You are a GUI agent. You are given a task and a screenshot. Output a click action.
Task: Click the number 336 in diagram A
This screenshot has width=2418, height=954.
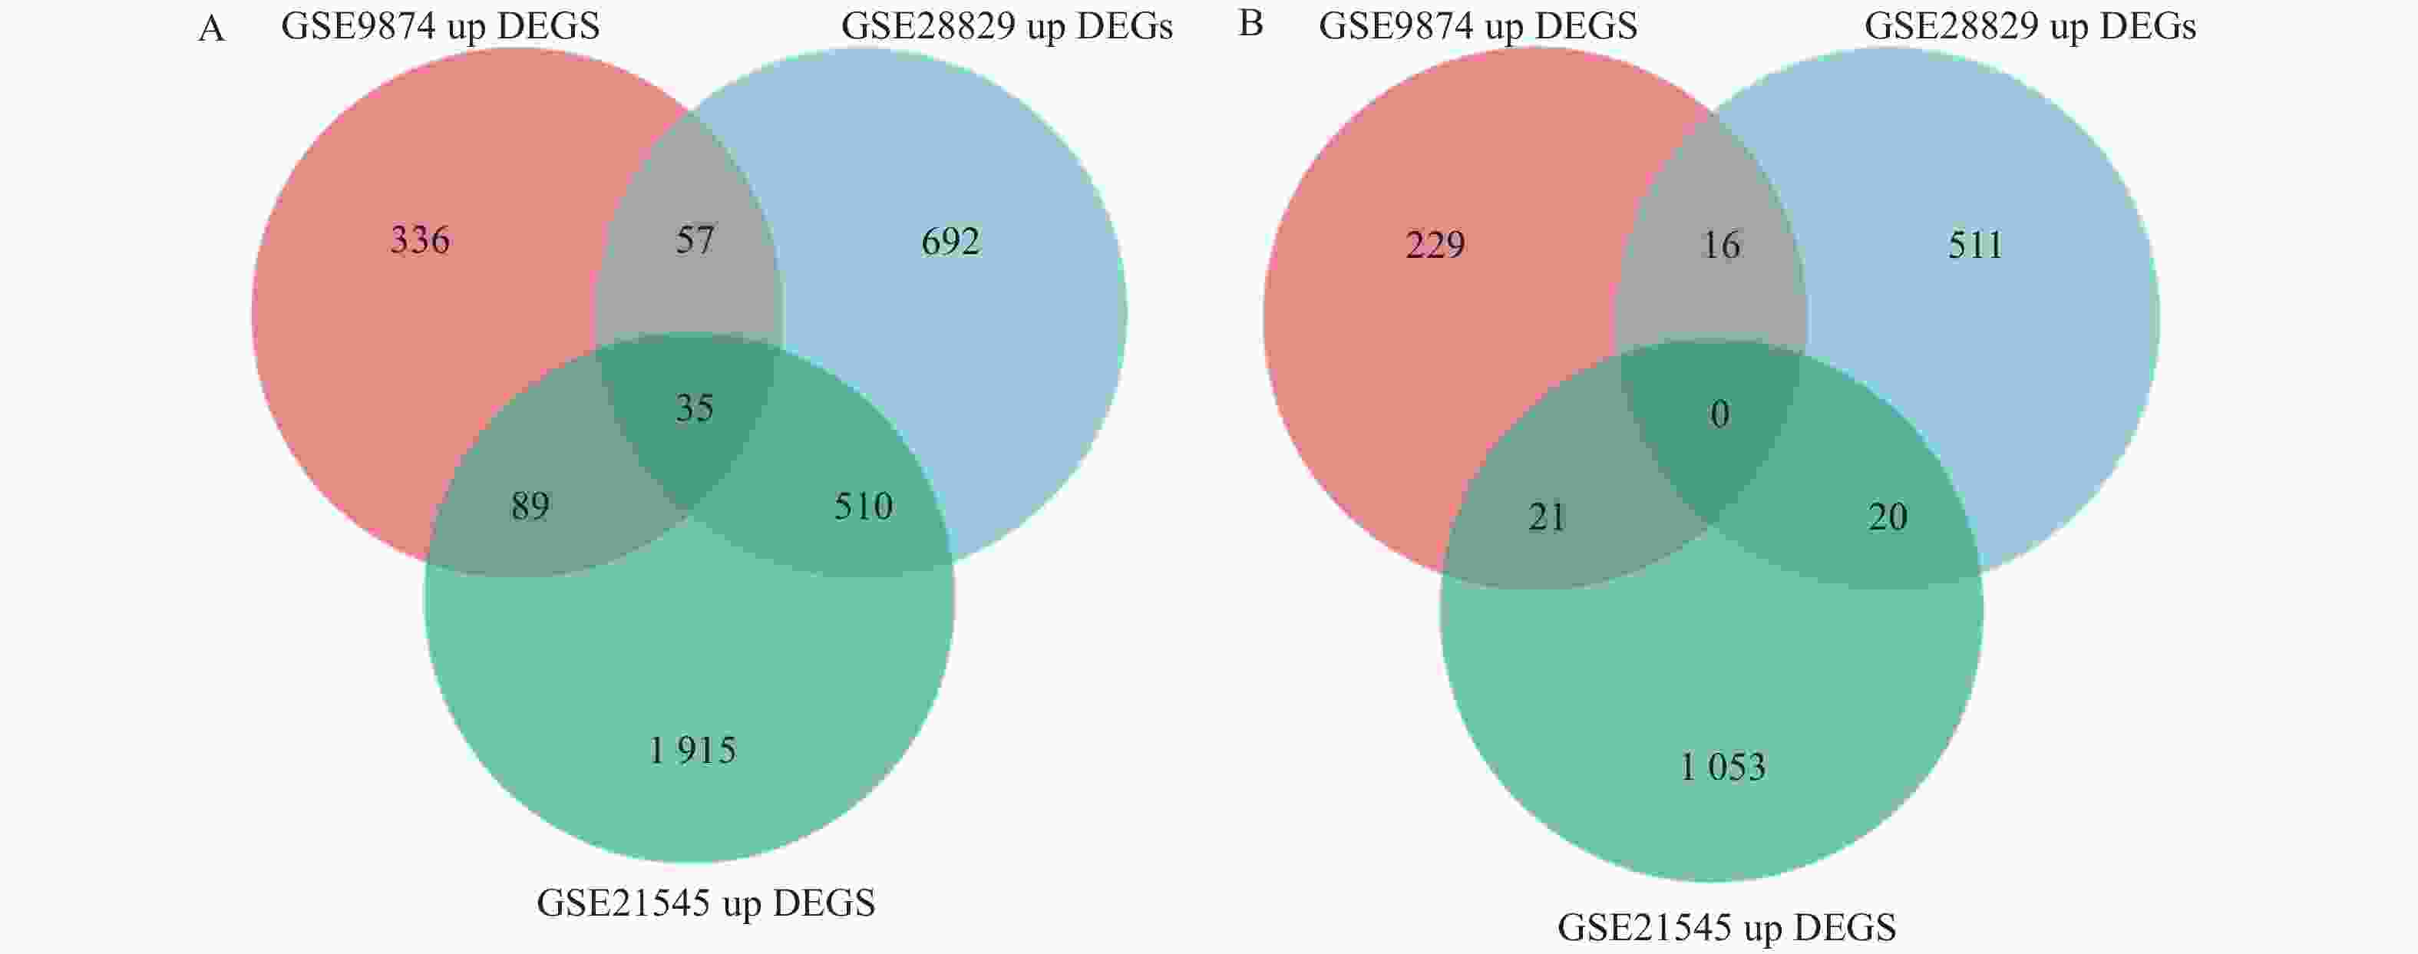click(420, 240)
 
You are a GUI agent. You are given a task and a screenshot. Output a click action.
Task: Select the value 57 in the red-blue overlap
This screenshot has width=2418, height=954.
click(695, 240)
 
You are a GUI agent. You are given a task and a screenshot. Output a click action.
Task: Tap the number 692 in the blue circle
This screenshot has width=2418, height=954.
click(950, 243)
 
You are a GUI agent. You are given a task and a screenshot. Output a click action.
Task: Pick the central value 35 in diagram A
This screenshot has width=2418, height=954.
click(695, 408)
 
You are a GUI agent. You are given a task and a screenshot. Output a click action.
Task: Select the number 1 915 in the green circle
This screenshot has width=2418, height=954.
click(692, 751)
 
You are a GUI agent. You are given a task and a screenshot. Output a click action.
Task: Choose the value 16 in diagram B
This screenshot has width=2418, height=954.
click(1720, 245)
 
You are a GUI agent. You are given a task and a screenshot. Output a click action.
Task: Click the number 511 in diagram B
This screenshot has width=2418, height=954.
click(1975, 245)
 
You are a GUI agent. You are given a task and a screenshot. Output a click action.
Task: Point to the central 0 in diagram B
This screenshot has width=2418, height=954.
click(1719, 414)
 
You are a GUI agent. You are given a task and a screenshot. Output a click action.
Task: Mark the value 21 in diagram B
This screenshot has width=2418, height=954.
click(1547, 517)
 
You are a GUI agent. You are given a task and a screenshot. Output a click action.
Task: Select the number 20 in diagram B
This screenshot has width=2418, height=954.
click(1887, 517)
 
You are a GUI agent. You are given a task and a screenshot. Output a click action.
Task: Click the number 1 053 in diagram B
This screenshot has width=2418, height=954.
click(1723, 767)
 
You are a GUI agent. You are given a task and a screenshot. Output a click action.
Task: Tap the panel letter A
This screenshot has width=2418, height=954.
click(211, 29)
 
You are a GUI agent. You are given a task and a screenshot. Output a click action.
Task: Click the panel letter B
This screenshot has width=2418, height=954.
click(1250, 25)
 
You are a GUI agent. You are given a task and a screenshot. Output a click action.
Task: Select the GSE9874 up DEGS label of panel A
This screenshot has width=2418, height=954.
click(441, 26)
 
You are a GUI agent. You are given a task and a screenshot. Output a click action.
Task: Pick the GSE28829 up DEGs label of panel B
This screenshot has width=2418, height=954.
click(2030, 26)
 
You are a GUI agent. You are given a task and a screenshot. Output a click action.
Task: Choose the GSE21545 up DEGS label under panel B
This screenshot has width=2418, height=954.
click(1726, 928)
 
